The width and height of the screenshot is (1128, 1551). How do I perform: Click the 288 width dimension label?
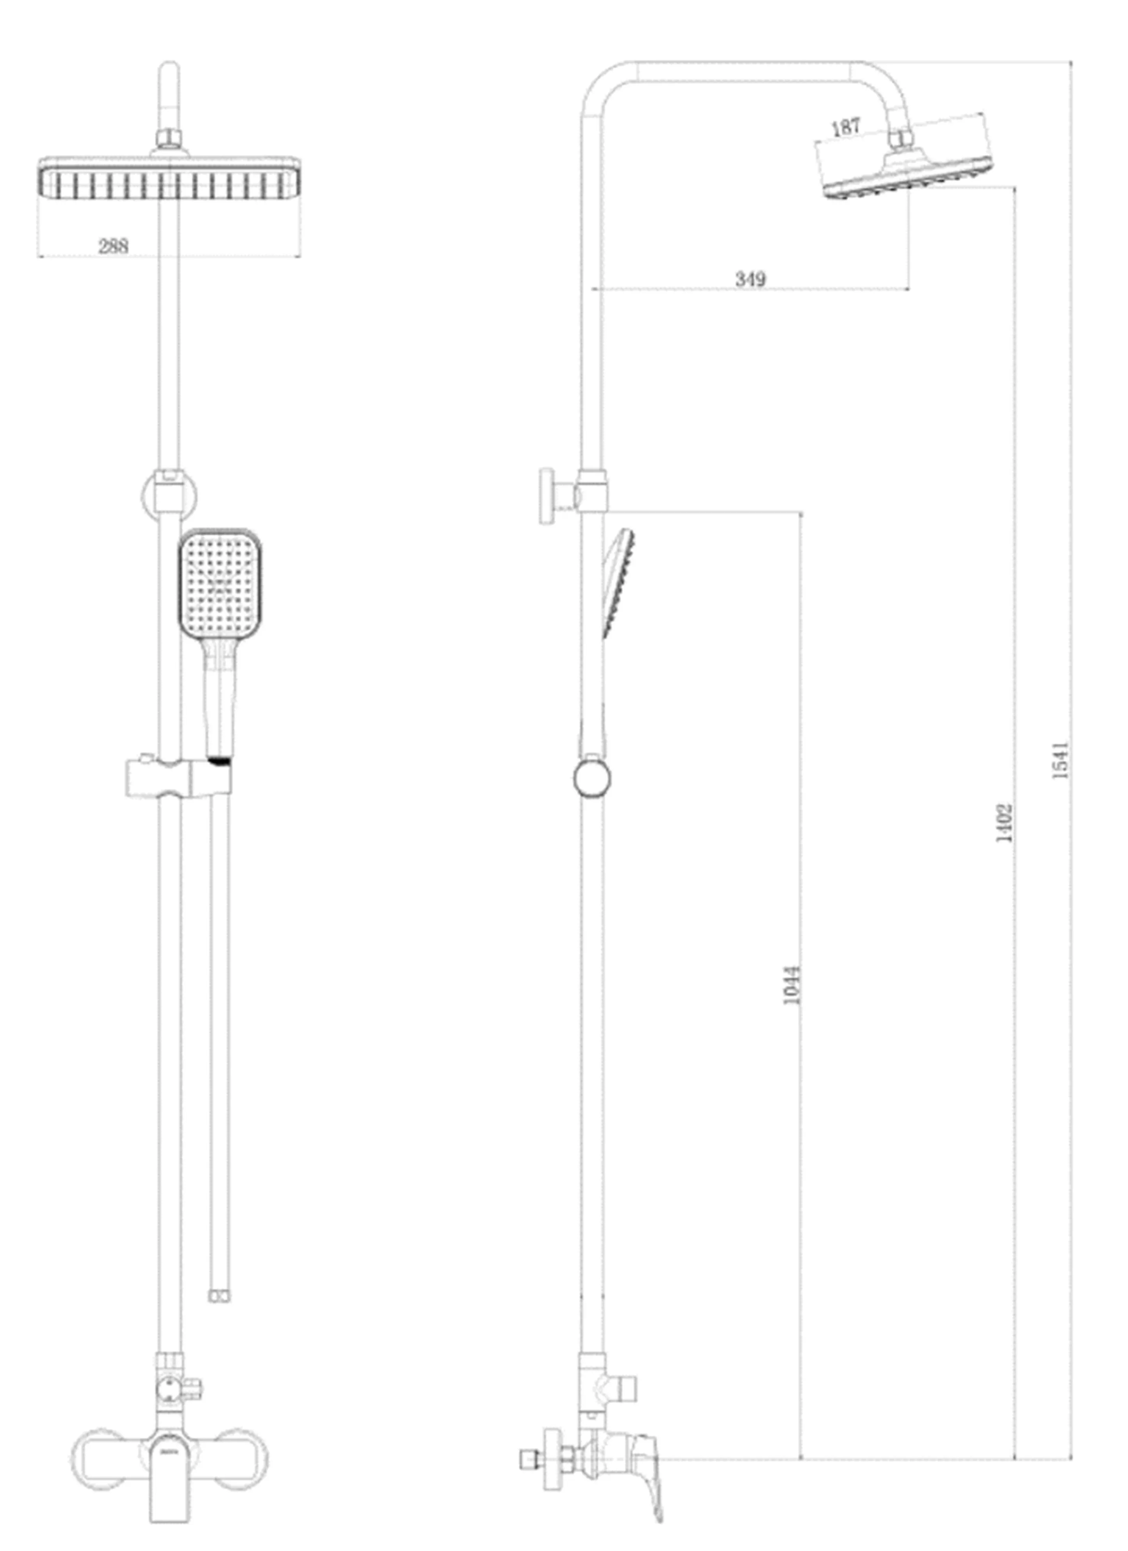tap(114, 246)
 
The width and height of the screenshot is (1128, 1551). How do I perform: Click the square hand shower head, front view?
tap(220, 583)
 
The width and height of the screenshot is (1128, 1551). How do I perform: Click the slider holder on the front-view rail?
tap(178, 777)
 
